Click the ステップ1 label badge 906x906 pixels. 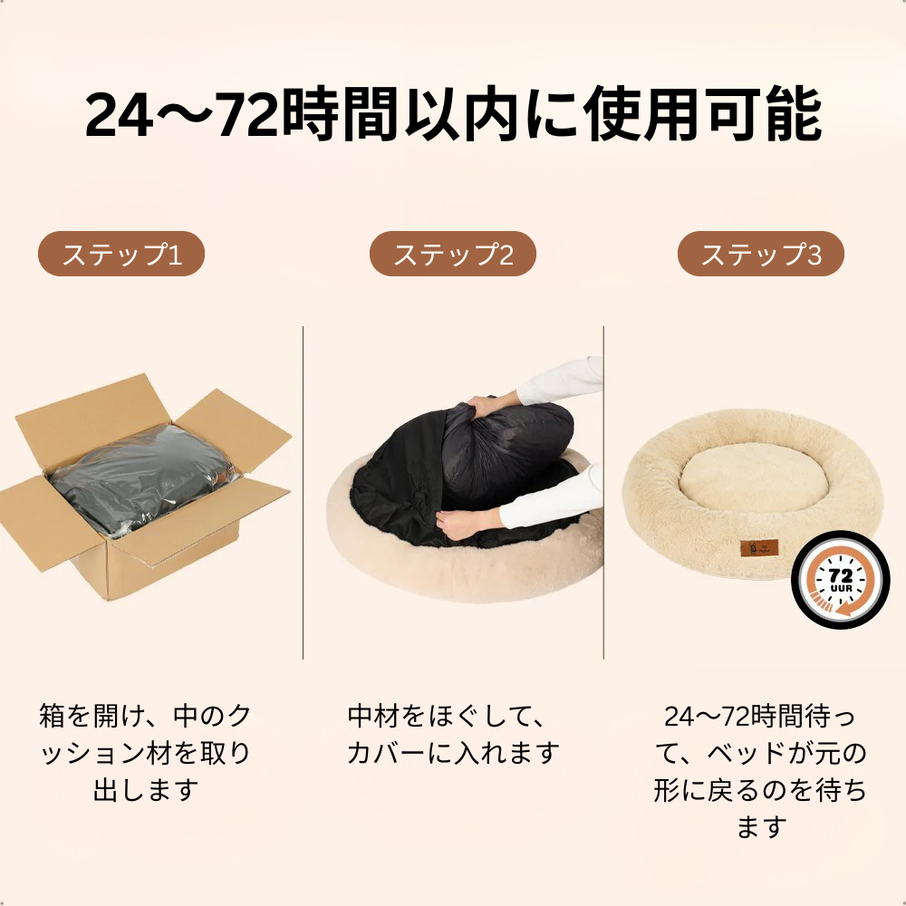pos(121,255)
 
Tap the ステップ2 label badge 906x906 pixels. pos(452,255)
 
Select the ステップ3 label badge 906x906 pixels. pos(761,255)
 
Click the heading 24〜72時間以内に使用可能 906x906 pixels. pos(453,115)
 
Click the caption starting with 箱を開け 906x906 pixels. pos(145,753)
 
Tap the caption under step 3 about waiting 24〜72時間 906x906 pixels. pos(760,771)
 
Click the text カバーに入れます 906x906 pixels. pos(452,753)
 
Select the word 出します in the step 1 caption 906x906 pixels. pos(145,790)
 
